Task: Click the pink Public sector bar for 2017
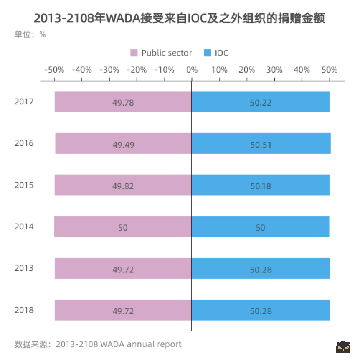click(x=123, y=102)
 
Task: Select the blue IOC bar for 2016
click(x=261, y=143)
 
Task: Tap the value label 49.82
click(x=123, y=186)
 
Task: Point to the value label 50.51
click(x=261, y=145)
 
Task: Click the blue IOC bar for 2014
click(x=261, y=227)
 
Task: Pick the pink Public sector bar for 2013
click(x=123, y=268)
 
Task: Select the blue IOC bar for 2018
click(x=261, y=310)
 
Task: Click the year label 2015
click(x=24, y=185)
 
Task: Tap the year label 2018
click(x=24, y=310)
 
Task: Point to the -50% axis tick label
click(x=54, y=70)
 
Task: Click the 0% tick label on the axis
click(x=192, y=70)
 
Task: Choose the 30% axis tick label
click(x=274, y=70)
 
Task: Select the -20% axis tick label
click(x=137, y=70)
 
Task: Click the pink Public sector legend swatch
click(x=134, y=53)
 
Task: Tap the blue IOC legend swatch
click(x=208, y=53)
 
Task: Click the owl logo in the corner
click(x=343, y=347)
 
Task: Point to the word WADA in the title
click(x=123, y=18)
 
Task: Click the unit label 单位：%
click(x=30, y=34)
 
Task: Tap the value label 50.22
click(x=261, y=103)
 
